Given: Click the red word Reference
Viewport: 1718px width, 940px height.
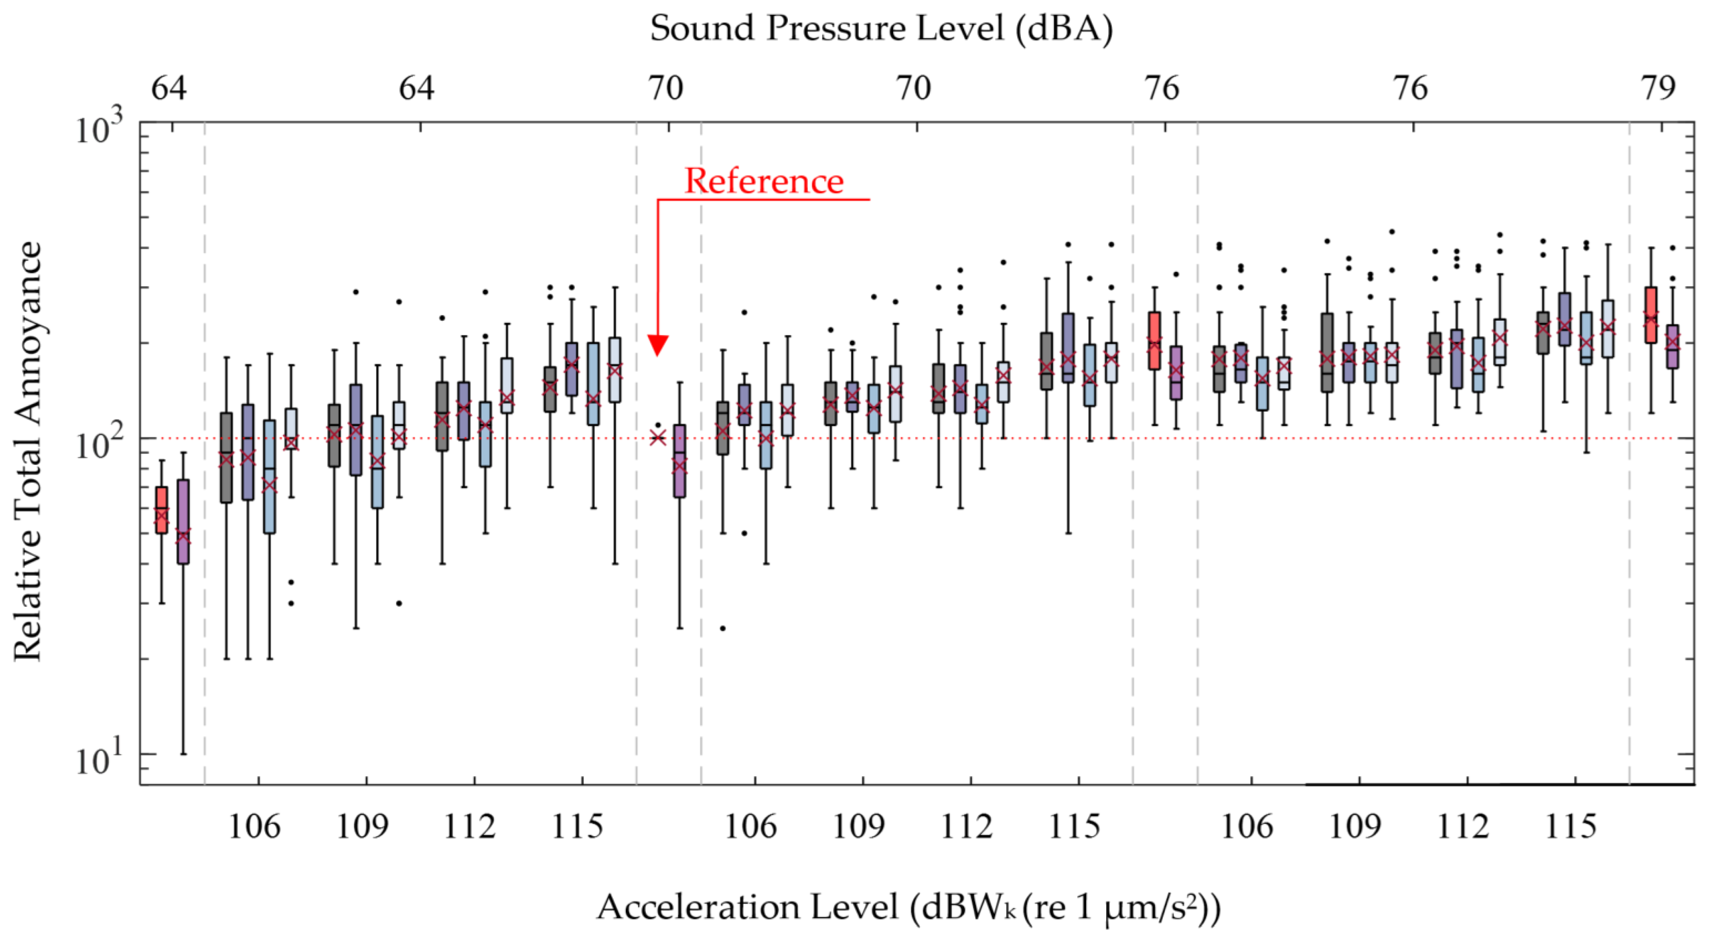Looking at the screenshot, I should pyautogui.click(x=764, y=181).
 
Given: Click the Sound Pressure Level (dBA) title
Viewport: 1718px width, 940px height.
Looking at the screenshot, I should pyautogui.click(x=881, y=28).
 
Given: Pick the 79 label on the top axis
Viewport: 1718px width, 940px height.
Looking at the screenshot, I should pyautogui.click(x=1657, y=88).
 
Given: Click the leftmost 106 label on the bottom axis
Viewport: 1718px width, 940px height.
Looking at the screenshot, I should pyautogui.click(x=254, y=827).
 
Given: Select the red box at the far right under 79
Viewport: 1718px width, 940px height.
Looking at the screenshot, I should pyautogui.click(x=1650, y=315).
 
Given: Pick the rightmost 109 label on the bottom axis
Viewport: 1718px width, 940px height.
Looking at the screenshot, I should pyautogui.click(x=1354, y=827).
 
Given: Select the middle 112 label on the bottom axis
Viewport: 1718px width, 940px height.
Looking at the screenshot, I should pyautogui.click(x=966, y=827).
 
